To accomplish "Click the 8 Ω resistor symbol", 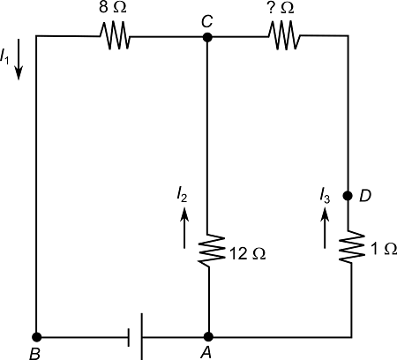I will [116, 37].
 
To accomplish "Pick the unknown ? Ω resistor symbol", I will [283, 37].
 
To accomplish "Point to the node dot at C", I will [207, 37].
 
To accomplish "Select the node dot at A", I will [208, 336].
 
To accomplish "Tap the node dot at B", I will [36, 336].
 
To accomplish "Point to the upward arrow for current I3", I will [325, 230].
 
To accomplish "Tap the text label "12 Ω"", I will [245, 254].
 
